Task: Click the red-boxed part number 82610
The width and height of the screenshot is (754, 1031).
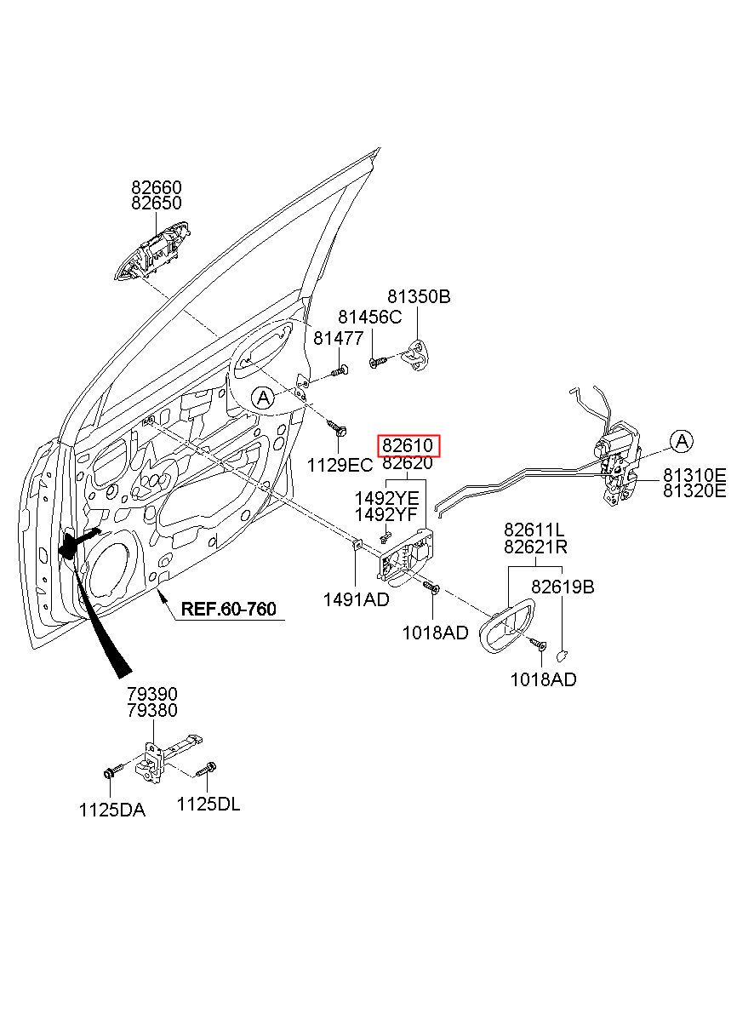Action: (x=408, y=445)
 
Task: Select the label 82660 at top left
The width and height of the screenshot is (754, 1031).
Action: (x=157, y=187)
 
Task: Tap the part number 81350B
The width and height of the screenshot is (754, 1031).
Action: (x=419, y=296)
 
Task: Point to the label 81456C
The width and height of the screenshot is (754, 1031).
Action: (x=370, y=317)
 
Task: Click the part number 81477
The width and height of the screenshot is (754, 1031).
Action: (x=339, y=338)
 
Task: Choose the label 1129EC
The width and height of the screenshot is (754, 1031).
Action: (x=340, y=466)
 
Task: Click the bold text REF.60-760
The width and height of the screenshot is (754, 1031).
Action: (x=229, y=609)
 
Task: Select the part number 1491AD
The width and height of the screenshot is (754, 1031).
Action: (x=356, y=599)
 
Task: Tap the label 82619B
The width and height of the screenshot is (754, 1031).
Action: (x=563, y=587)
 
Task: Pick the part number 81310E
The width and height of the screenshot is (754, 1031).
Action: (x=694, y=474)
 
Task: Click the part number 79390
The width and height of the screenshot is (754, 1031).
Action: (x=152, y=694)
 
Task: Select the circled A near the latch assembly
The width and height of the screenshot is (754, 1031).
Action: (x=682, y=441)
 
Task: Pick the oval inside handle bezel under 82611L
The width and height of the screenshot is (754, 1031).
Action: (x=506, y=626)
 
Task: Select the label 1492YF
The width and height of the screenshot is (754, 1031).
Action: (x=386, y=514)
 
